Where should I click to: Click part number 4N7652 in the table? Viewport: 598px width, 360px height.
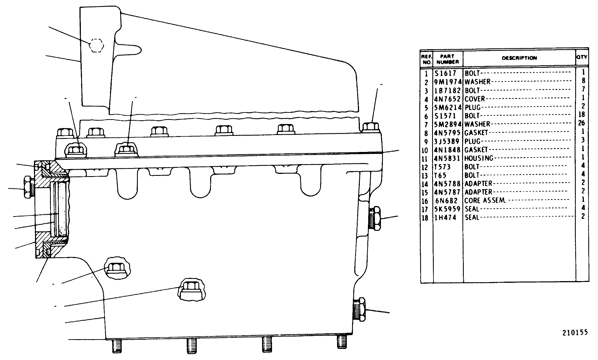447,99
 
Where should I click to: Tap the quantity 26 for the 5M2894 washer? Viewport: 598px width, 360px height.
581,123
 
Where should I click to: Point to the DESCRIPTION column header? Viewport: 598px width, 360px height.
519,58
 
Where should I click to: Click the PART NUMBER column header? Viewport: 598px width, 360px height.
447,59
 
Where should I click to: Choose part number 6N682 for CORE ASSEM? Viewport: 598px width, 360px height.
447,201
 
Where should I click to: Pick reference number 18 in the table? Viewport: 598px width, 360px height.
425,218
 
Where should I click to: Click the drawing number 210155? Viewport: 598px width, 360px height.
575,332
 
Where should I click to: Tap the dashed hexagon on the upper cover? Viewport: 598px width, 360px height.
96,45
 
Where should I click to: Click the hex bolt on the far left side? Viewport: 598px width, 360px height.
28,187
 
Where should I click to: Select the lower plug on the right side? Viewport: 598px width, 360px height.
360,309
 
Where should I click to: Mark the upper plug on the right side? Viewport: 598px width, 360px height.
375,218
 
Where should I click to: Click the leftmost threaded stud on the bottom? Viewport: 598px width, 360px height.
117,346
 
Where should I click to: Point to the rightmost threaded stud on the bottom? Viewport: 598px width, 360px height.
342,341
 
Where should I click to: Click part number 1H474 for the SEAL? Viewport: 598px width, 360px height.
445,218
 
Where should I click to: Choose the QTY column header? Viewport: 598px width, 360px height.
582,57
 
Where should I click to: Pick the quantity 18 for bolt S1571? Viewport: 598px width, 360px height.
581,114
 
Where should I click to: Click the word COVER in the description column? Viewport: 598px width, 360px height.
475,99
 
